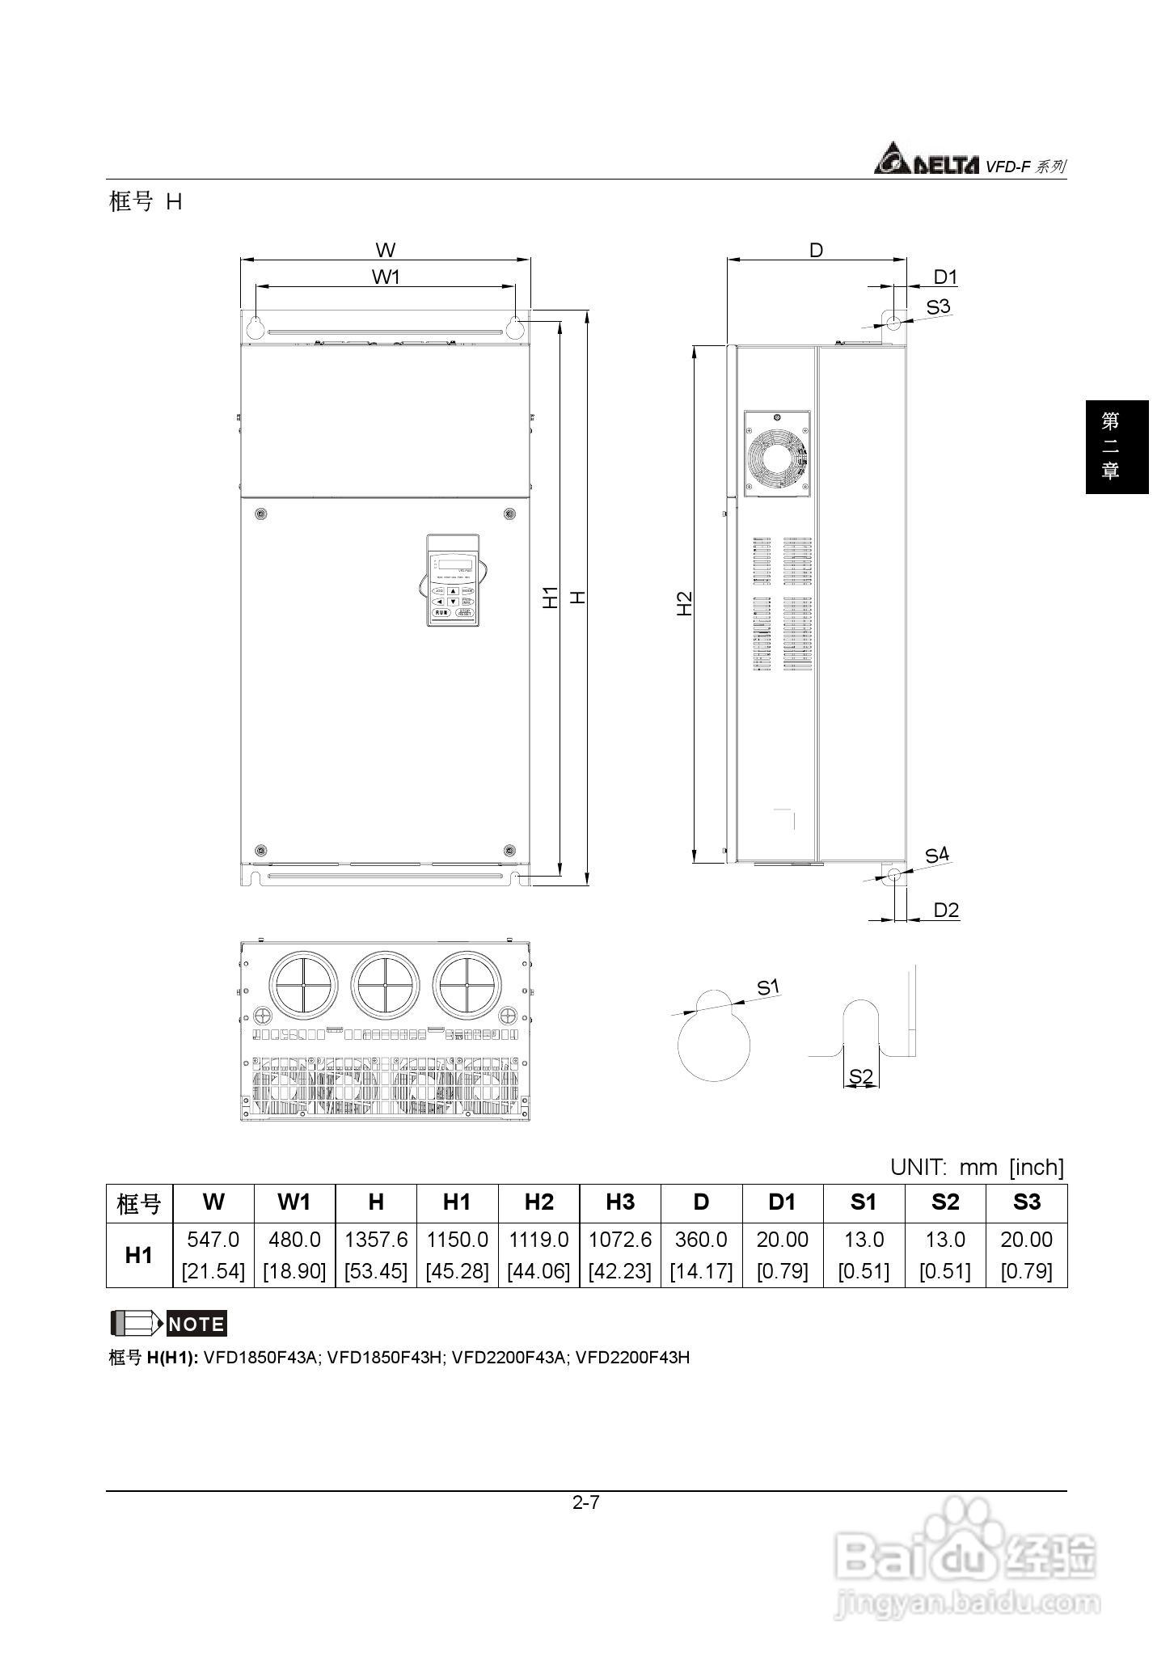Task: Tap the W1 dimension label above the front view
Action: (x=386, y=277)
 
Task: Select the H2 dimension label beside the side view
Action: (x=684, y=603)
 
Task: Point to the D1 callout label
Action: (x=945, y=277)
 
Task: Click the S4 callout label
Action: (x=937, y=855)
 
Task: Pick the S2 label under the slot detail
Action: (x=861, y=1076)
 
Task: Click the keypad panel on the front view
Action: (x=453, y=580)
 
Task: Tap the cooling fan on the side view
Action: (x=777, y=454)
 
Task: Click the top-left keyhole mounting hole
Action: (x=254, y=327)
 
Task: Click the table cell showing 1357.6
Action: (x=376, y=1240)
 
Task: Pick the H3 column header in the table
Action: (x=620, y=1202)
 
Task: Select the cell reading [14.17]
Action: (x=701, y=1271)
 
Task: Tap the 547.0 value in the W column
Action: (x=213, y=1240)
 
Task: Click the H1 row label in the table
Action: (x=139, y=1255)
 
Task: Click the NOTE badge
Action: (x=196, y=1325)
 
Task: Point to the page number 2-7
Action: (x=586, y=1503)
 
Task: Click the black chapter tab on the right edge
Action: (x=1117, y=446)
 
